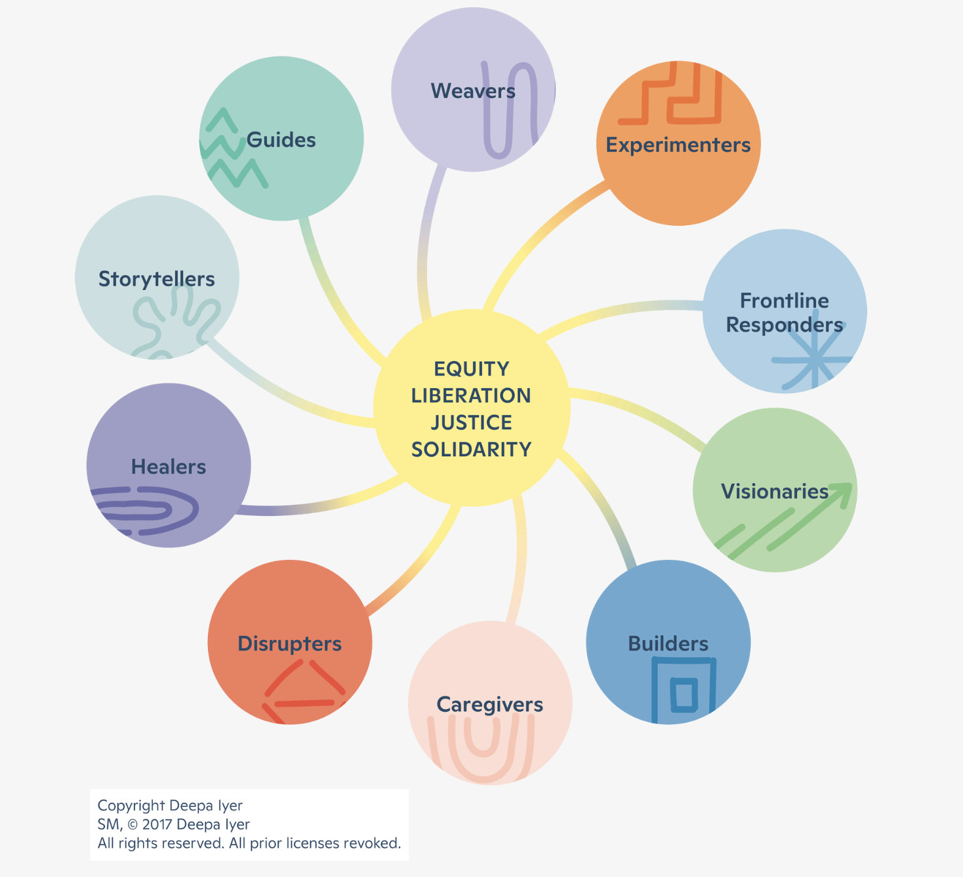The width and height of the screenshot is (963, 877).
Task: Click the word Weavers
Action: pos(472,91)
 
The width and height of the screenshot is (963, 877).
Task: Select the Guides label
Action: pos(281,140)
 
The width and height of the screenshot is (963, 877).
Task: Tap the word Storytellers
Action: pos(156,279)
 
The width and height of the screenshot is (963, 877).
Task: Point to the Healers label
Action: pos(169,467)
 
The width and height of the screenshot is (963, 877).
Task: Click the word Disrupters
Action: pos(289,643)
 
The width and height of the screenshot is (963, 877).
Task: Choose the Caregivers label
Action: pos(489,704)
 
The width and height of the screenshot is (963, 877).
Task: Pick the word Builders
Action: pos(668,643)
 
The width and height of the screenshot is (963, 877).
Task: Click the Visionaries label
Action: pos(774,491)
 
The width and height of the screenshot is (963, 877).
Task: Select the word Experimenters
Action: pos(678,144)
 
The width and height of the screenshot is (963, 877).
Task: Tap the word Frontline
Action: pos(784,301)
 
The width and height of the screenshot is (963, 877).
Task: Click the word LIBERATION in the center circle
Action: pos(471,396)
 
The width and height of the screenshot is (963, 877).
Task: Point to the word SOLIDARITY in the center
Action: pos(471,450)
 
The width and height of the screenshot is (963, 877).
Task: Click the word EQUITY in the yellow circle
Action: pos(471,369)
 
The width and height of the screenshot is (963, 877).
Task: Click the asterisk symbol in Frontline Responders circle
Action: pos(814,360)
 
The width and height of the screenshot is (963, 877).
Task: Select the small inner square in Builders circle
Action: pos(684,695)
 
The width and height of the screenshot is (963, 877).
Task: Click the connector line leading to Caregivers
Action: pos(520,565)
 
